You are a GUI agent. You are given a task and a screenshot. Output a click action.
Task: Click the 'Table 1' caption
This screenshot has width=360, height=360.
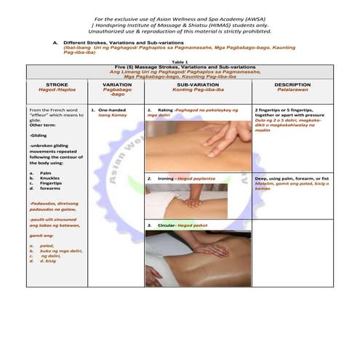(x=180, y=62)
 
